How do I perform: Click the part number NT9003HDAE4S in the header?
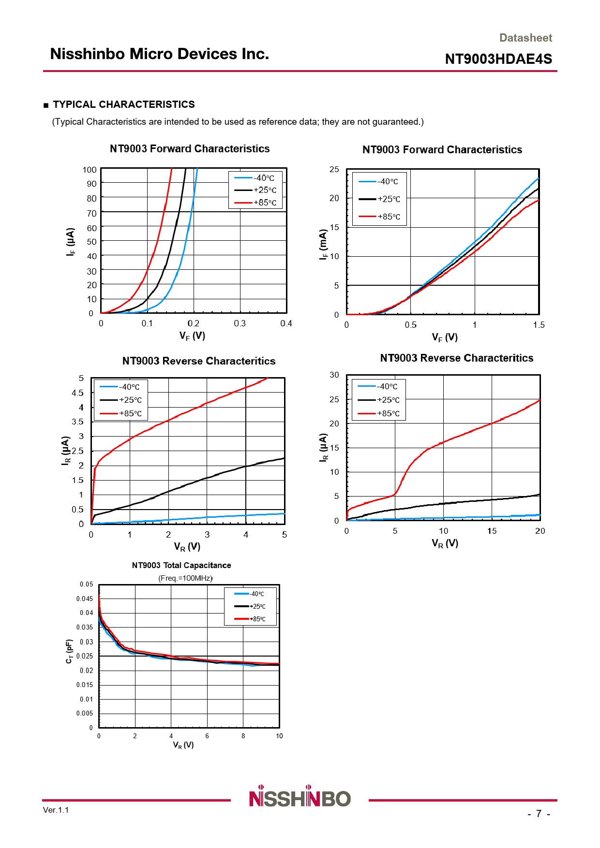click(498, 59)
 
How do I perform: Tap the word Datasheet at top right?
click(525, 38)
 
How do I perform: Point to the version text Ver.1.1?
click(56, 810)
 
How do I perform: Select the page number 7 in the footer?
click(539, 814)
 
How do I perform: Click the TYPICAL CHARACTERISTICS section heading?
click(123, 104)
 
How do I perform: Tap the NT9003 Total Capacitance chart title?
click(181, 565)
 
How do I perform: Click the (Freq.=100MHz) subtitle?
click(185, 578)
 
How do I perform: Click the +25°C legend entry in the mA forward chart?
click(379, 199)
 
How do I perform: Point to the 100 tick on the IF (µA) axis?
click(90, 170)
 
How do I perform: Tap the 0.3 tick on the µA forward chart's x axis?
click(240, 323)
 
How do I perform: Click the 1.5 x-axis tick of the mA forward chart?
click(539, 325)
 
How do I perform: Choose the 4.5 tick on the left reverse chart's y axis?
click(77, 393)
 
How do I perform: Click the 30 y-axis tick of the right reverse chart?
click(334, 375)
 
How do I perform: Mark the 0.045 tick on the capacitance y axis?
click(85, 599)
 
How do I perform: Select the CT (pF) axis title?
click(69, 651)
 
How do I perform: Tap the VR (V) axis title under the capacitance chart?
click(183, 745)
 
